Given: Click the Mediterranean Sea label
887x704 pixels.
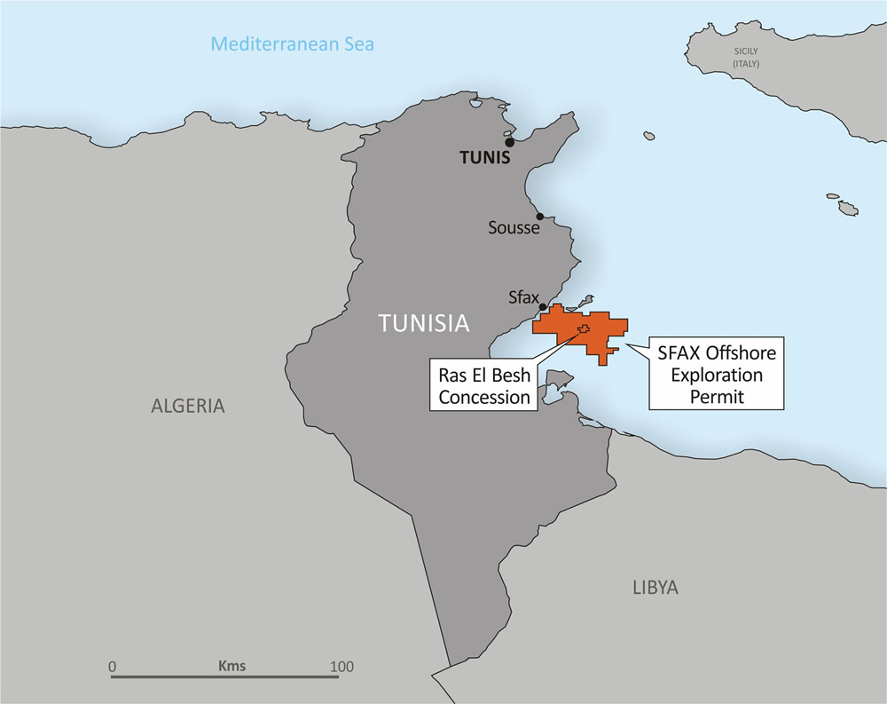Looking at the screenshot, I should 292,44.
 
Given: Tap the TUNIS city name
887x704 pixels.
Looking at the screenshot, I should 485,159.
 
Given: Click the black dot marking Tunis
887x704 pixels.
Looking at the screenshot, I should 509,142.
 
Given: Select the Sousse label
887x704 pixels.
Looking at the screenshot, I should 514,228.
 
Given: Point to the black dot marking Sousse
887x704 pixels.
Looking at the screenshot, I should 539,216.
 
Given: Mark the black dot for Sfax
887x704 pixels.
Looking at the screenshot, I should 543,307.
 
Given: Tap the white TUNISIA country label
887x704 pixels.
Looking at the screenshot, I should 423,323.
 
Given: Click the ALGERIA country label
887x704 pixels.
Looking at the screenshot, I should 188,407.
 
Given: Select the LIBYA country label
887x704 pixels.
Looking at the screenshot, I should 655,587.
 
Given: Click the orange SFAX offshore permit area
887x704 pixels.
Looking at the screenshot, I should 603,333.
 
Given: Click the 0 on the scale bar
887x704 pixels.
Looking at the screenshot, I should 112,666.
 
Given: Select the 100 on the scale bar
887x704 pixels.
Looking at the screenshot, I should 341,666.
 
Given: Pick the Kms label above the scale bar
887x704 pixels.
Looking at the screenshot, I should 232,665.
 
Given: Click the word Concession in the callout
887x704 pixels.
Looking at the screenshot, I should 483,397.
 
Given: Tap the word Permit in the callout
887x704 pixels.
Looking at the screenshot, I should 717,397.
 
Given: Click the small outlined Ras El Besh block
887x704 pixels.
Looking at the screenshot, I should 583,329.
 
